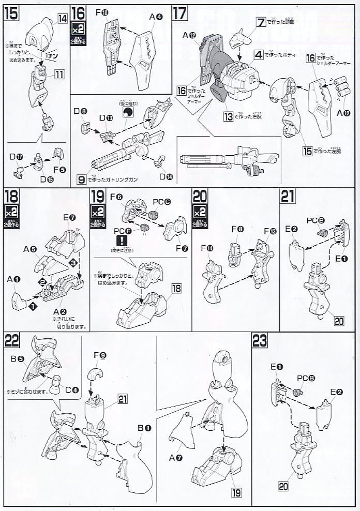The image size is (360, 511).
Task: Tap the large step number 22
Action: click(x=12, y=340)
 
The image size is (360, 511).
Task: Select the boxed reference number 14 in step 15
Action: click(x=62, y=19)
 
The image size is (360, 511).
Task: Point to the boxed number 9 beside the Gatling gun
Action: click(x=81, y=180)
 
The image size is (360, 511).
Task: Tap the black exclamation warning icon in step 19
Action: click(x=123, y=241)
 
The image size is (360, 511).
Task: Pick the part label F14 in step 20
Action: click(x=209, y=248)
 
